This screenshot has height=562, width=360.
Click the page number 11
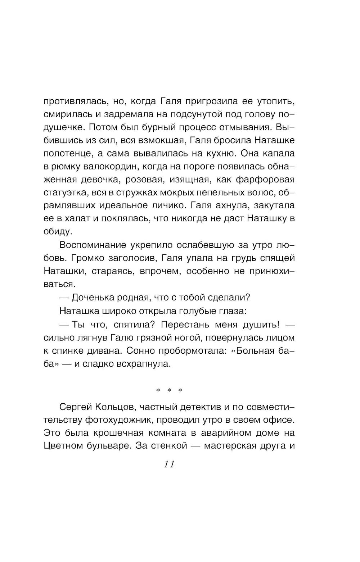tap(169, 464)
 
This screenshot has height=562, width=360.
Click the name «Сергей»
tap(75, 407)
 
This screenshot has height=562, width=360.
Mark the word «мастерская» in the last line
tap(230, 446)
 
